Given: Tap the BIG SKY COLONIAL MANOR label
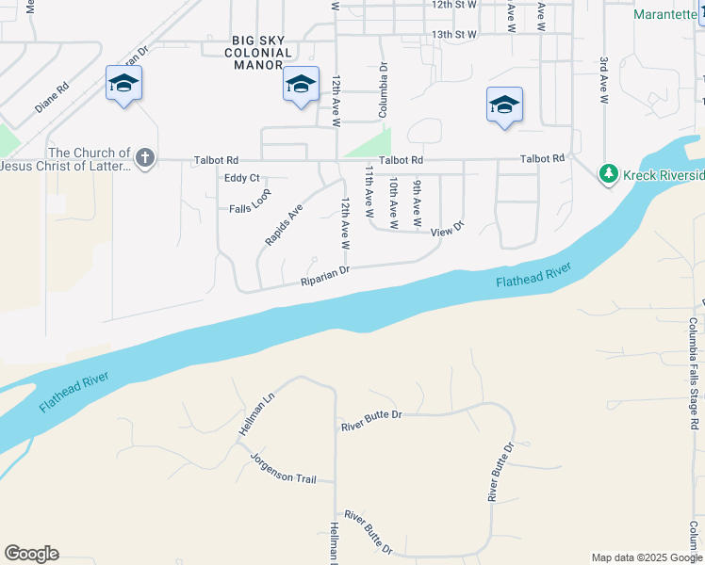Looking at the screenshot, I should tap(262, 53).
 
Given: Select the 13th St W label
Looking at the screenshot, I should tap(454, 34).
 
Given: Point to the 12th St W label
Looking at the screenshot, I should tap(454, 5).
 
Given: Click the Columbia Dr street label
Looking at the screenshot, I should tap(384, 90).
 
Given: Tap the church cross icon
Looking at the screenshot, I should tap(144, 157).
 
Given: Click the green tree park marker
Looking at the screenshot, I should tap(609, 173).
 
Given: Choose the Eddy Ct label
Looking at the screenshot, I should tap(241, 178).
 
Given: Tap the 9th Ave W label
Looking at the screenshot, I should tap(416, 204).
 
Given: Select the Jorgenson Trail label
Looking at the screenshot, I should tap(283, 467).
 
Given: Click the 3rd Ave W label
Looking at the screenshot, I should tap(603, 80).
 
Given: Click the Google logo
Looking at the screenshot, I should tap(31, 554).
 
